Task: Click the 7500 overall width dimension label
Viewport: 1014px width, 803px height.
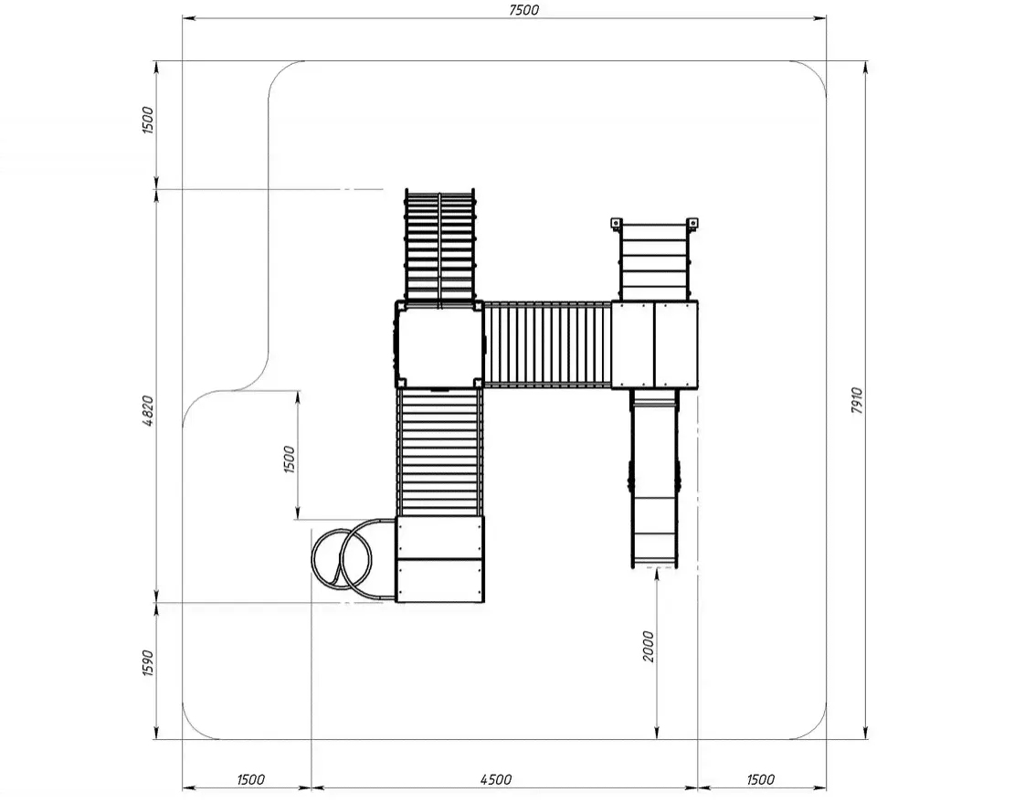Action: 523,10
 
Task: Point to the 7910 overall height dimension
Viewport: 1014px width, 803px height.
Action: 857,401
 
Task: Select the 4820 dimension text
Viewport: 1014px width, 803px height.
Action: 148,410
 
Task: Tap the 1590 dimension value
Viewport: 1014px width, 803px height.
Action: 148,663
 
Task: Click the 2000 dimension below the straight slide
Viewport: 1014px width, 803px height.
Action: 649,647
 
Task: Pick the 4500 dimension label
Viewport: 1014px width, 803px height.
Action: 496,780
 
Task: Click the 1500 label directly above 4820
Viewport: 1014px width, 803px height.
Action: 148,120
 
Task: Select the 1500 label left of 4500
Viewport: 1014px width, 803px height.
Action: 250,780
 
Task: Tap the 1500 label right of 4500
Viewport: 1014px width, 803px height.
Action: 760,780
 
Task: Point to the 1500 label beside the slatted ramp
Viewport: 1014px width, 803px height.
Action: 289,459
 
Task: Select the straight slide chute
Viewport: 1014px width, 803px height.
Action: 655,479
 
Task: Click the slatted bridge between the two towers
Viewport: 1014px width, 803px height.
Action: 548,344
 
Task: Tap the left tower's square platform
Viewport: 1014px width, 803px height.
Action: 439,344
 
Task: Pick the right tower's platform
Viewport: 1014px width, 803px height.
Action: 654,344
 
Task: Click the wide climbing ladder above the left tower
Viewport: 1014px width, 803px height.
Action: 439,246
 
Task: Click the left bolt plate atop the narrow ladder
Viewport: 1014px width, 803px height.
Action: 616,224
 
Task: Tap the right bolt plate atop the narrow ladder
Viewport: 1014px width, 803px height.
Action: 692,224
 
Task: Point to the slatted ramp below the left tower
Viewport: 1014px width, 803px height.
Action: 439,451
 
